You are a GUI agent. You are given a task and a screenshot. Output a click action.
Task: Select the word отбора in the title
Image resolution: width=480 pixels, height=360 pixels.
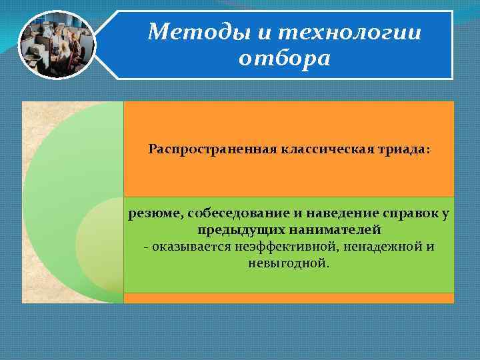[x=284, y=59]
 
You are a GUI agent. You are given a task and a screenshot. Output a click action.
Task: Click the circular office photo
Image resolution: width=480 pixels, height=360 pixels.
[x=57, y=45]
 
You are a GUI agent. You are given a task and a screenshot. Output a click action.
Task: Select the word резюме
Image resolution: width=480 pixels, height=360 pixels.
[x=156, y=213]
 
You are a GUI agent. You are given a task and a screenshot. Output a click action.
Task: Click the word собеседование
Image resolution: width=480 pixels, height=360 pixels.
[x=233, y=213]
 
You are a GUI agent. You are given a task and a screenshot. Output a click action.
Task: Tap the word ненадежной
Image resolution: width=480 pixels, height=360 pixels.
[x=381, y=247]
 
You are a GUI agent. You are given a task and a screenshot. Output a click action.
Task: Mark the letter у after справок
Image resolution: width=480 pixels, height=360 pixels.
[x=445, y=213]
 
